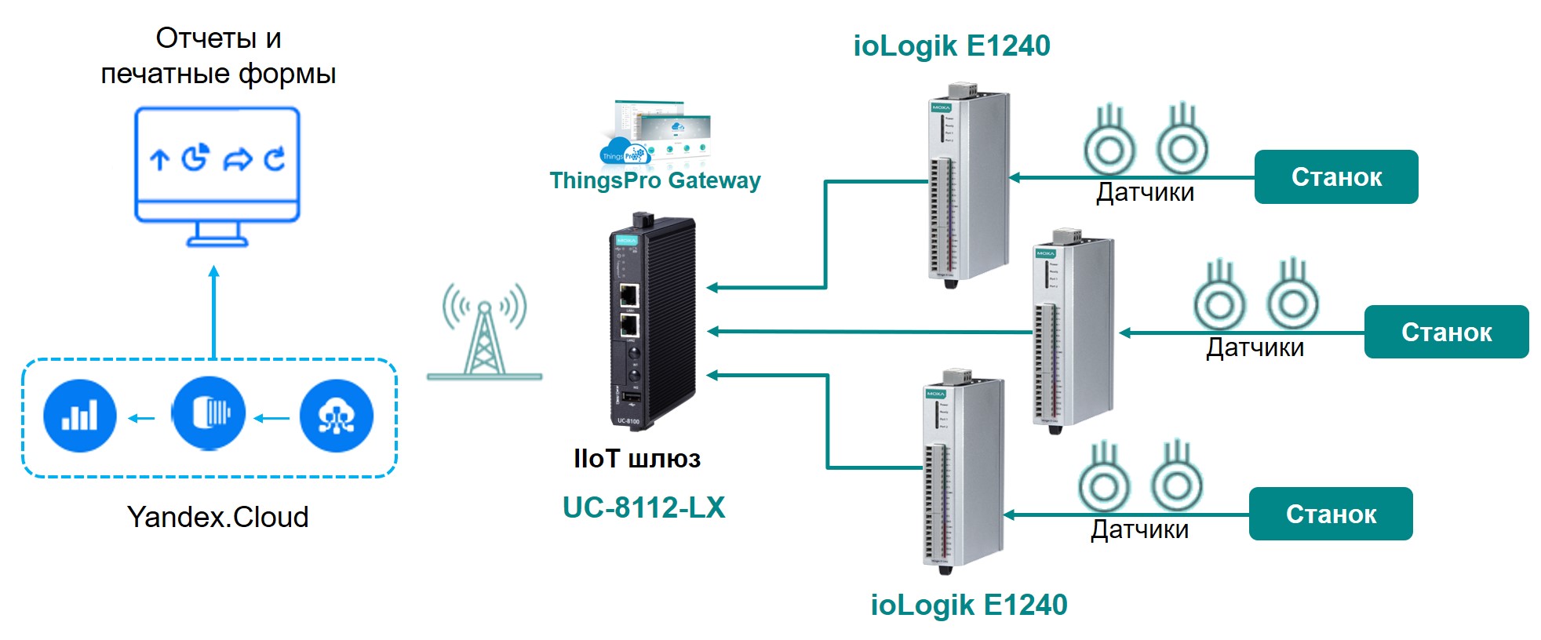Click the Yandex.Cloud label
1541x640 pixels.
[x=217, y=517]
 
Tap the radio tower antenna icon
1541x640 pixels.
[x=485, y=333]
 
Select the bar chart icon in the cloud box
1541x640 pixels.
[x=80, y=416]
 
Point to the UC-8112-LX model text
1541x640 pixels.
[x=643, y=507]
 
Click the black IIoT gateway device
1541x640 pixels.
[x=653, y=322]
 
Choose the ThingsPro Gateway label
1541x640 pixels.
[x=654, y=180]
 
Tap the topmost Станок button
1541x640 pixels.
[x=1335, y=177]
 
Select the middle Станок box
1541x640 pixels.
[x=1446, y=333]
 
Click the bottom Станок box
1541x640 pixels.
[x=1330, y=515]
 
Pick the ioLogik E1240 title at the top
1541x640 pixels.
[x=951, y=45]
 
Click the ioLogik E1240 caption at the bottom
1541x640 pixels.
[x=968, y=605]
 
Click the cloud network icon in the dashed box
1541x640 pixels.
[x=337, y=416]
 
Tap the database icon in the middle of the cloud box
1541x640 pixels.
[x=209, y=413]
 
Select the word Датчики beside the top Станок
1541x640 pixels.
[x=1145, y=192]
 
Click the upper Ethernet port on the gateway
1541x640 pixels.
[x=628, y=296]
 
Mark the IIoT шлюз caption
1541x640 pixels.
[x=636, y=459]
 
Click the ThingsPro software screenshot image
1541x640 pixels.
[x=656, y=133]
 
